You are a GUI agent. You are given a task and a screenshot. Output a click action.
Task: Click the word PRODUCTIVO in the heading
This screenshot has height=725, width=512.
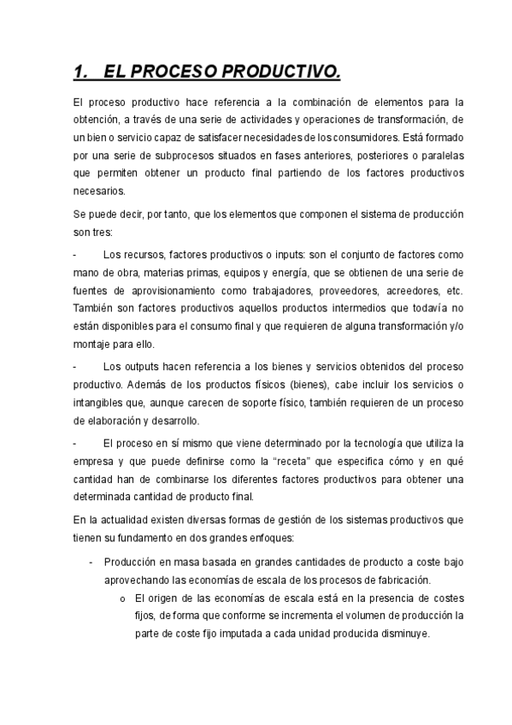(x=281, y=71)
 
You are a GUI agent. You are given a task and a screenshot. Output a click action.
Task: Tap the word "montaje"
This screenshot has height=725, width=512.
(x=90, y=345)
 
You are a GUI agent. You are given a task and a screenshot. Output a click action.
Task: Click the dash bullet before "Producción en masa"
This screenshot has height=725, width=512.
(x=91, y=562)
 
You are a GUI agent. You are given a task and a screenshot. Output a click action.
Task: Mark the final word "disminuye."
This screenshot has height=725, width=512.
(x=403, y=634)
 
